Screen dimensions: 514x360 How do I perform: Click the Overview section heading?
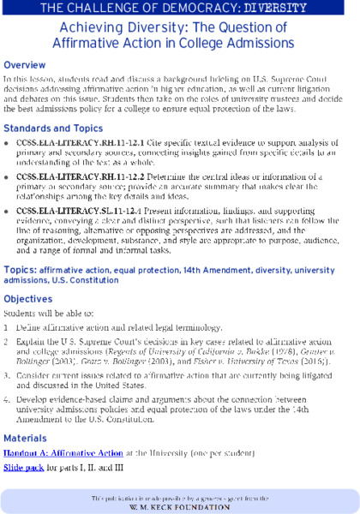[x=26, y=65]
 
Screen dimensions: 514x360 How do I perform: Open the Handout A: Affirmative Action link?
[x=63, y=453]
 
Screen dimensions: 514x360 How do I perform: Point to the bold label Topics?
[x=20, y=270]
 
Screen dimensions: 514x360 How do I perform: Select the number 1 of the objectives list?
[x=6, y=328]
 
